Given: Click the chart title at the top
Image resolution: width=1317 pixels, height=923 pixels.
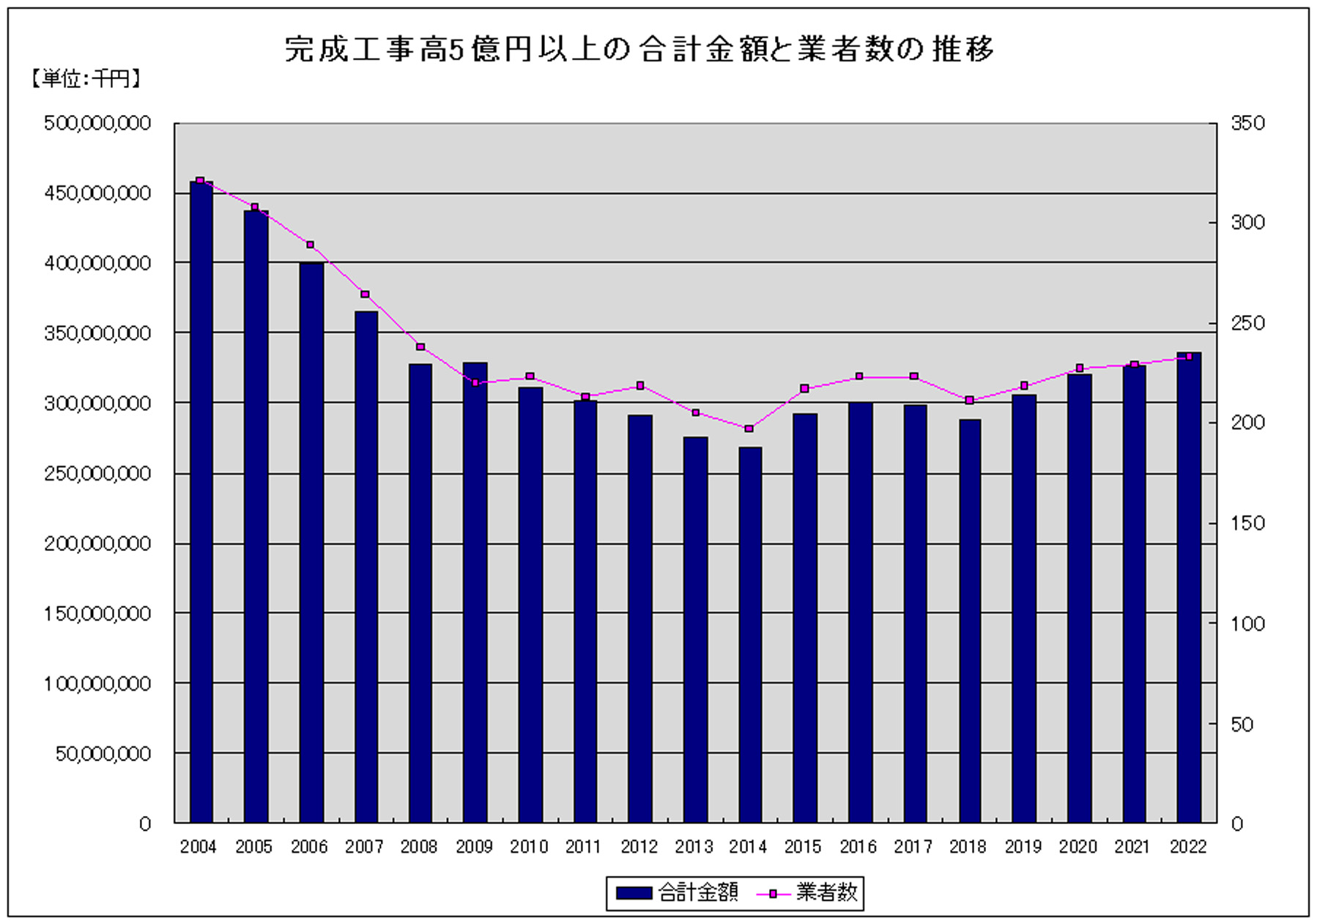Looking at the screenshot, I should (x=639, y=50).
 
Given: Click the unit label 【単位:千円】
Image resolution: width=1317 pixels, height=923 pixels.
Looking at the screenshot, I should (x=84, y=78).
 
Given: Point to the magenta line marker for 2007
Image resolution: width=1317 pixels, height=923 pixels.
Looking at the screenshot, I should (x=365, y=294).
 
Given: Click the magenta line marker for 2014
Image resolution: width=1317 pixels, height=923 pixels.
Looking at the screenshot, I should (x=749, y=429).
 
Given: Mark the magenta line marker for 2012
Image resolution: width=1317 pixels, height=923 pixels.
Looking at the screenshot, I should (x=640, y=385).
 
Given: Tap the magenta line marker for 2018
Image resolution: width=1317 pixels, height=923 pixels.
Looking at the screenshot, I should (x=969, y=401).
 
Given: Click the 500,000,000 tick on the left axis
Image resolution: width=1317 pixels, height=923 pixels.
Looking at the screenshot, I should (x=97, y=123).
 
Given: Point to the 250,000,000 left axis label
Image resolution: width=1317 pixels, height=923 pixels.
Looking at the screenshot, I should (x=97, y=473).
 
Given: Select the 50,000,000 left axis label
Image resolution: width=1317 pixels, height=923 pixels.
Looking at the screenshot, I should (x=103, y=754).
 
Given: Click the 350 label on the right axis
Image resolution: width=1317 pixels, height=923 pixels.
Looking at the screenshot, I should (x=1248, y=123).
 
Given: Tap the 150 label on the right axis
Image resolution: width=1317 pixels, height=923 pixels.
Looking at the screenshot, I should (x=1248, y=523).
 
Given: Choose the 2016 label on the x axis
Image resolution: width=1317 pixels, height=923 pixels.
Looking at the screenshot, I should (x=858, y=847).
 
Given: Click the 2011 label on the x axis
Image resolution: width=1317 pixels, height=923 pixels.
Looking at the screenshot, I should (x=583, y=847).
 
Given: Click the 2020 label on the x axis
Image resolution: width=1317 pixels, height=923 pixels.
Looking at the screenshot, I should (x=1077, y=847).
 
